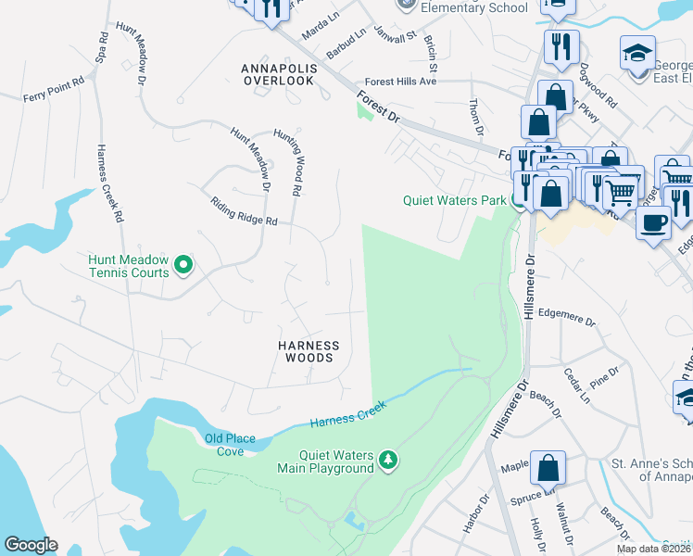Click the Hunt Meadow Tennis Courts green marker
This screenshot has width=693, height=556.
183,266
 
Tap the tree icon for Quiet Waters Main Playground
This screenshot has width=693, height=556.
389,461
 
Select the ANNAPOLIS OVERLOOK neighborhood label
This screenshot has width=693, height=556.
278,75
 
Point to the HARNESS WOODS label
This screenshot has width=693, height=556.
309,351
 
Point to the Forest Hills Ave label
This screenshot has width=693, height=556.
400,82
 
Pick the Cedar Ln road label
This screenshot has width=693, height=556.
576,385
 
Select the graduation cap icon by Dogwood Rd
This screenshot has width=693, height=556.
637,53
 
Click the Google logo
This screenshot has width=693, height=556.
31,545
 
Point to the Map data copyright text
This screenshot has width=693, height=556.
654,549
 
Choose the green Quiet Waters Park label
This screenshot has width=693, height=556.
454,200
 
